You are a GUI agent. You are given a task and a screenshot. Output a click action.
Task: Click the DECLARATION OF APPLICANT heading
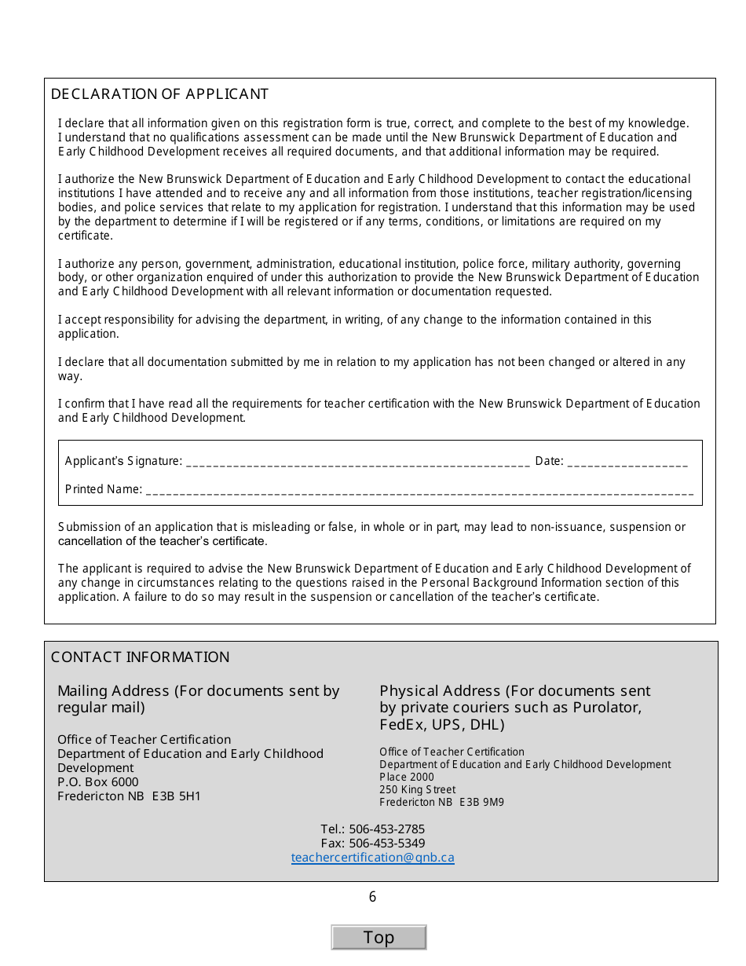pos(159,94)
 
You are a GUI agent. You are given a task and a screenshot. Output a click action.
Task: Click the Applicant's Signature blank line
pos(357,462)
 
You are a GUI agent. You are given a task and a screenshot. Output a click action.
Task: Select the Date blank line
pos(627,462)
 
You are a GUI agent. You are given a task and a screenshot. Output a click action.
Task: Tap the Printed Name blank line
pos(419,490)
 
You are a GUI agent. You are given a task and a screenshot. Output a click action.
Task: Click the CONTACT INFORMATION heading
pos(140,657)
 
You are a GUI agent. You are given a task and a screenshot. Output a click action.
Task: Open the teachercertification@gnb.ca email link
pos(372,858)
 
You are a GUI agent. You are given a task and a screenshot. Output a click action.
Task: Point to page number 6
pos(372,897)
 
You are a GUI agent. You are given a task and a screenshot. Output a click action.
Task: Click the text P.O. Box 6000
pos(97,782)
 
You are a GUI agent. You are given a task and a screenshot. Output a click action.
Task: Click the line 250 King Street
pos(417,790)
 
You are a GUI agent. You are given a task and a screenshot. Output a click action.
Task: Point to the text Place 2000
pos(407,778)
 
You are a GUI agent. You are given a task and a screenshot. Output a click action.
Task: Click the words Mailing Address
pos(113,691)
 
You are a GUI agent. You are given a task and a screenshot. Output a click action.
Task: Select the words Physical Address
pos(440,691)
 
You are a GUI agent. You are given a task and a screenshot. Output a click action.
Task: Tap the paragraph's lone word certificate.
pos(85,236)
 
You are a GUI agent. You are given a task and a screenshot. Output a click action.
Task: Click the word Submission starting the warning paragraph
pos(86,527)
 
